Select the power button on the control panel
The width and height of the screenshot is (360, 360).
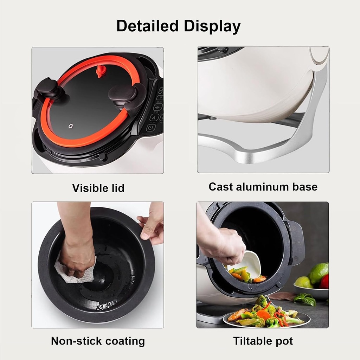[x=150, y=128]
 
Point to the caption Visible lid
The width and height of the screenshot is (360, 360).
[x=98, y=188]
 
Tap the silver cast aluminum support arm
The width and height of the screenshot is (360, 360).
[x=302, y=134]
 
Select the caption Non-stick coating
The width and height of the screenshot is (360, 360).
[x=98, y=341]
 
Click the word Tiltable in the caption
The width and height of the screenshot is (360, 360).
[x=250, y=341]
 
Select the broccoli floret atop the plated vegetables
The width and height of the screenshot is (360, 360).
[x=261, y=301]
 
